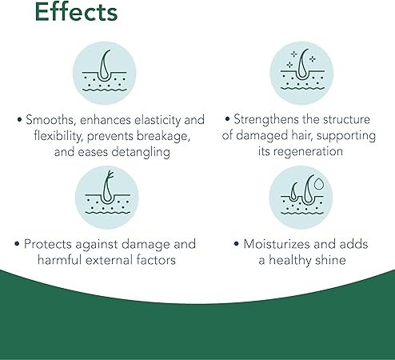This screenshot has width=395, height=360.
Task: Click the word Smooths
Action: pos(48,120)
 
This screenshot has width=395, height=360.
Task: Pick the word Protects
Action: pos(52,243)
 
